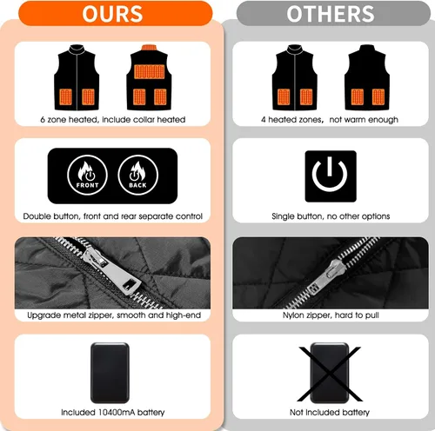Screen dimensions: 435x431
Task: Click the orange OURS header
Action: (116, 13)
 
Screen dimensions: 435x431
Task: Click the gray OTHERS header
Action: (333, 13)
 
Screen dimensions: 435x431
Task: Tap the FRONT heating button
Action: (87, 175)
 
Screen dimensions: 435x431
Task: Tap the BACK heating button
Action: (138, 175)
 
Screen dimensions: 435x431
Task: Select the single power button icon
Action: (331, 176)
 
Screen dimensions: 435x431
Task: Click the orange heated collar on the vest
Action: (149, 48)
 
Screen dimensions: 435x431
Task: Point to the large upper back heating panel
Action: (150, 71)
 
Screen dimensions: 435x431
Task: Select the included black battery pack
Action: (110, 373)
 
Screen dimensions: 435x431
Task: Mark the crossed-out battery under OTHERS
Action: (330, 374)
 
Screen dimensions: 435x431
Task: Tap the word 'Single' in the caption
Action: (283, 216)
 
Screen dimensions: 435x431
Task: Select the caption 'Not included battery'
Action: (330, 412)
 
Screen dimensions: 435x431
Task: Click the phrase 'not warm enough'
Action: (364, 120)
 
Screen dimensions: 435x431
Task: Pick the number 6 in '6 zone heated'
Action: (43, 120)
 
